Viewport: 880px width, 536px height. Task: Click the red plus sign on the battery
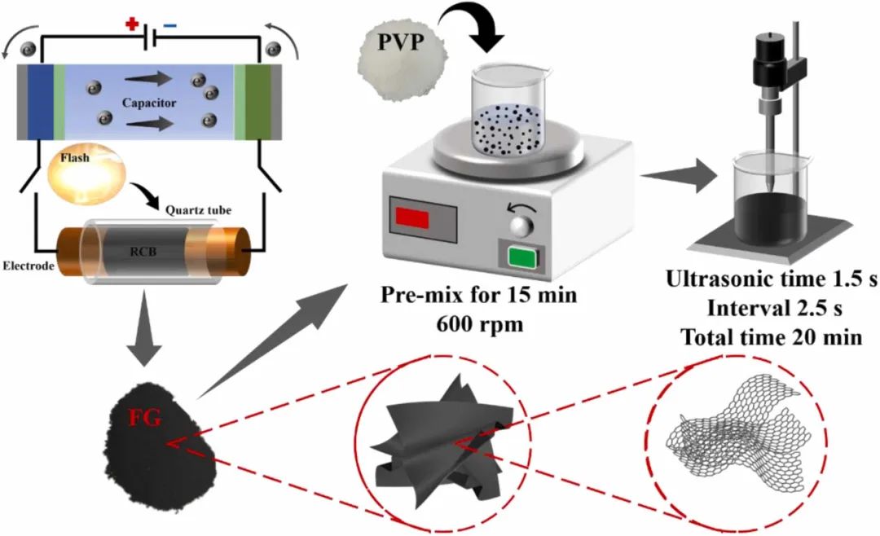click(x=131, y=24)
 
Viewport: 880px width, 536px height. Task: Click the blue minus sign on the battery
click(x=169, y=25)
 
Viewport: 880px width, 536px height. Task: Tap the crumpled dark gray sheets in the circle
click(x=441, y=444)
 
